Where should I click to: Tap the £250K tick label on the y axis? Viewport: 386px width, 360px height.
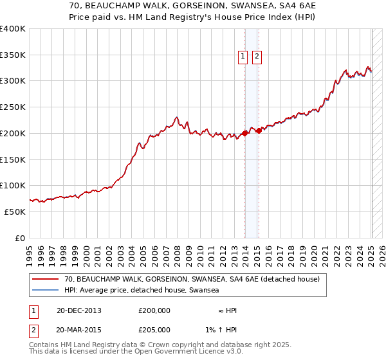tap(13, 107)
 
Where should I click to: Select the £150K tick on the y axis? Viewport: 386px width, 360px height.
tap(13, 159)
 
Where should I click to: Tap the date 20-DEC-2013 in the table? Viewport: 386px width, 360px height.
tap(79, 310)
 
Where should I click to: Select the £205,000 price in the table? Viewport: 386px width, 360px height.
tap(154, 330)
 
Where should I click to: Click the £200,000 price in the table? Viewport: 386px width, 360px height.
tap(154, 310)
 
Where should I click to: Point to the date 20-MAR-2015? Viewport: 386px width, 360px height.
tap(79, 330)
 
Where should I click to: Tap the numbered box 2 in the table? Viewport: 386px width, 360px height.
tap(33, 330)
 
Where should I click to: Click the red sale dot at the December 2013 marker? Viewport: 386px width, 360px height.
tap(244, 133)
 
